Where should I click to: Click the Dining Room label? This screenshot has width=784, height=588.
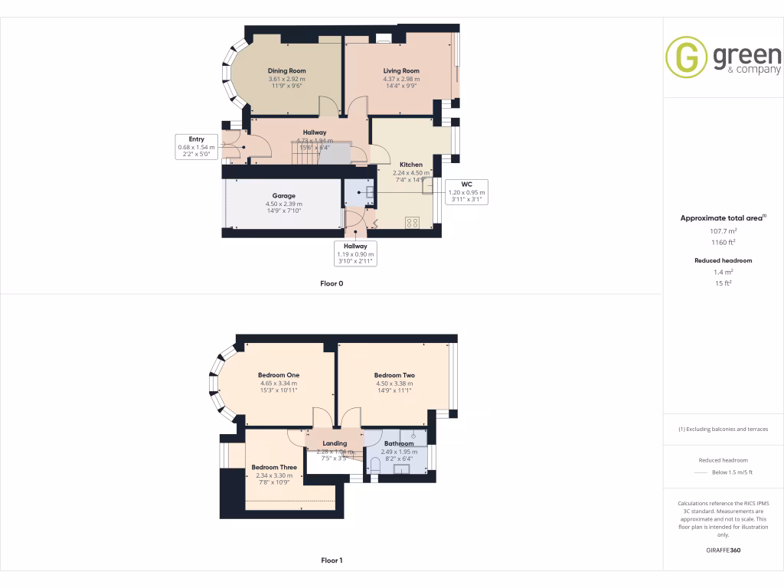286,71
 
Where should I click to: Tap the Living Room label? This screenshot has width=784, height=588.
401,71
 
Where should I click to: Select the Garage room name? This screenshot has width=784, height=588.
283,196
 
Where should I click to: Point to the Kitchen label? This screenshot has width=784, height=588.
411,165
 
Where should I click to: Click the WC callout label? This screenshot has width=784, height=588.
466,184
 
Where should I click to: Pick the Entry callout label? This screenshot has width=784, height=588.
197,139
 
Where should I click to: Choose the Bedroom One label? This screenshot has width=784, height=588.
278,375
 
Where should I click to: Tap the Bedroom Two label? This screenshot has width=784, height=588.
394,375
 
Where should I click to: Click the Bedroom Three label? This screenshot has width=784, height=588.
273,467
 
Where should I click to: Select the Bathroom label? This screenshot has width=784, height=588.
399,443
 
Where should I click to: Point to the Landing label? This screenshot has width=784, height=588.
335,443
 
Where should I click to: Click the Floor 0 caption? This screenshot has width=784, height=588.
332,283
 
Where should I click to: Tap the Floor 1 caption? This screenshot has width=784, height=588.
332,560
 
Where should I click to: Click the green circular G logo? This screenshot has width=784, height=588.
686,57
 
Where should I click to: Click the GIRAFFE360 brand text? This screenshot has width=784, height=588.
723,550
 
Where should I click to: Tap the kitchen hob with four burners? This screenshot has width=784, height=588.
412,223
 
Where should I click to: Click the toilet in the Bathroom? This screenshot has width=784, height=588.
375,465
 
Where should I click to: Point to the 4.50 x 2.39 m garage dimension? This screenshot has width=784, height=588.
283,204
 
